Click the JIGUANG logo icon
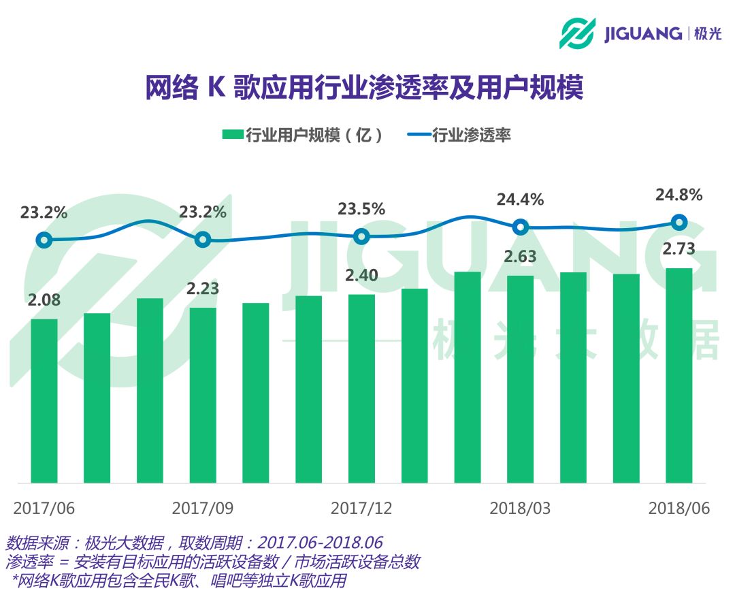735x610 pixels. pyautogui.click(x=577, y=33)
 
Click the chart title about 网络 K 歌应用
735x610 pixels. pyautogui.click(x=365, y=89)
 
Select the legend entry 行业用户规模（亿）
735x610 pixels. pyautogui.click(x=302, y=135)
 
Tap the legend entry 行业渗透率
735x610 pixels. pyautogui.click(x=459, y=135)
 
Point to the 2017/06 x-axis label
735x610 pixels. pyautogui.click(x=44, y=509)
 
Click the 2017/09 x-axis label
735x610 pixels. pyautogui.click(x=203, y=509)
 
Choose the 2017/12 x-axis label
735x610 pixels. pyautogui.click(x=361, y=509)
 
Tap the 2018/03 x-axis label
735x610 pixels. pyautogui.click(x=520, y=509)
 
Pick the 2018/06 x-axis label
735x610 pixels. pyautogui.click(x=679, y=509)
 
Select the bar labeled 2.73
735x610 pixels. pyautogui.click(x=679, y=375)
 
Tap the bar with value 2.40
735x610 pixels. pyautogui.click(x=361, y=388)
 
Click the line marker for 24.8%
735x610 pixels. pyautogui.click(x=679, y=222)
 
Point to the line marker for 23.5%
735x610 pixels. pyautogui.click(x=361, y=236)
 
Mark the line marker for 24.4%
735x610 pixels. pyautogui.click(x=520, y=227)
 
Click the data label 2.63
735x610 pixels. pyautogui.click(x=520, y=257)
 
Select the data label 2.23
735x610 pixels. pyautogui.click(x=203, y=289)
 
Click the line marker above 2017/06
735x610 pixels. pyautogui.click(x=44, y=240)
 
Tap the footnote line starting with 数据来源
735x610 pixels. pyautogui.click(x=194, y=543)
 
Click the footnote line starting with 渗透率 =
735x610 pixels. pyautogui.click(x=212, y=562)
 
